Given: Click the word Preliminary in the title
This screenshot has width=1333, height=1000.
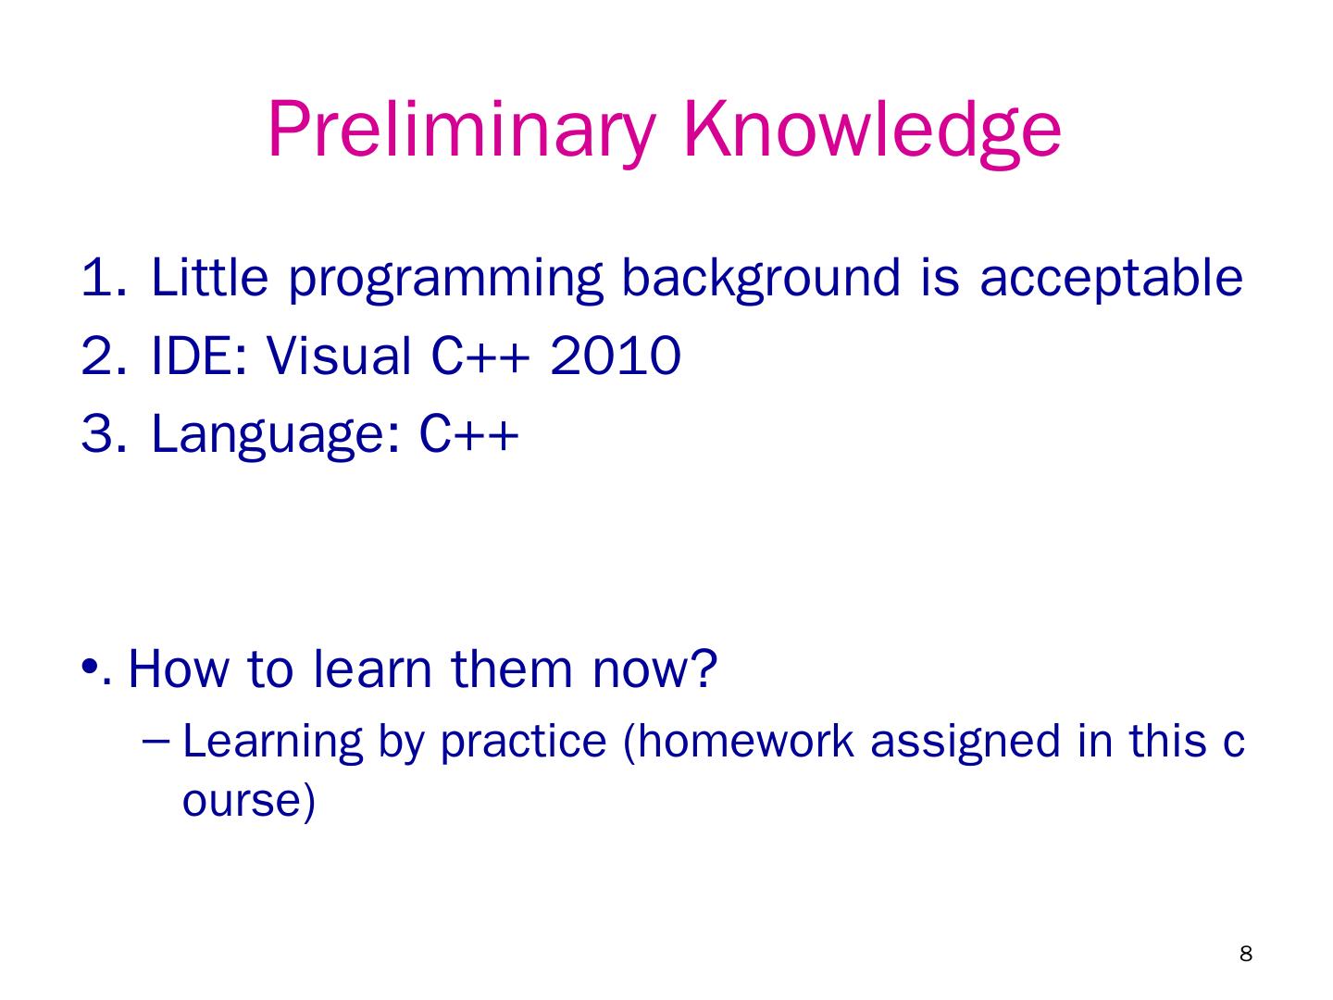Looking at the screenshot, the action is pos(462,131).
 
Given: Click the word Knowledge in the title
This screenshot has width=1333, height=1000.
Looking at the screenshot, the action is pos(872,131).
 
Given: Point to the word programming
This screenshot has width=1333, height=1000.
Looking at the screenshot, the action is pos(446,280).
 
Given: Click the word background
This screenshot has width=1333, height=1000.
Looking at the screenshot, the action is pos(761,280).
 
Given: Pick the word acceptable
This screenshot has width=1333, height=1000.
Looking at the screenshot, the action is pos(1111,280).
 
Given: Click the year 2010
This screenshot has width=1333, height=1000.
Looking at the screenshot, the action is pos(616,356).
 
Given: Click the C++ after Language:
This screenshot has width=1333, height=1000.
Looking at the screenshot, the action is pos(468,433).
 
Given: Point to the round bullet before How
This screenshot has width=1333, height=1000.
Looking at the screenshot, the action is pos(90,666).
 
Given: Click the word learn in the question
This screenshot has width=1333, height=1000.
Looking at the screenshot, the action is pos(372,669).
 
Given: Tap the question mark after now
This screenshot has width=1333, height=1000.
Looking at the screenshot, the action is pos(705,669).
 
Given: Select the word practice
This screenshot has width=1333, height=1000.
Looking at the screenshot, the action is pos(524,744).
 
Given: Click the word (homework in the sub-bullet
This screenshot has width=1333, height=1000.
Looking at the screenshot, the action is pos(739,742).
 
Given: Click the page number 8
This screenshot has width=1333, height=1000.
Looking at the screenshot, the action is pos(1246,954).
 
